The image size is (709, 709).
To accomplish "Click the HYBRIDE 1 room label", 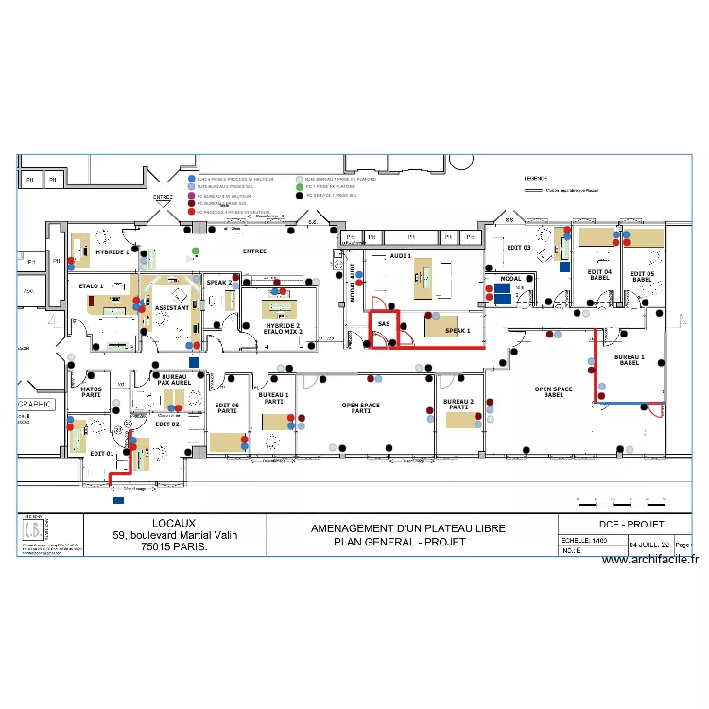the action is tap(112, 252).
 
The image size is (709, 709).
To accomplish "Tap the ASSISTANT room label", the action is tap(171, 308).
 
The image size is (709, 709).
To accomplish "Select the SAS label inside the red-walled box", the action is tap(383, 324).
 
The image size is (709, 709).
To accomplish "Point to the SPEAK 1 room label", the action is tap(458, 331).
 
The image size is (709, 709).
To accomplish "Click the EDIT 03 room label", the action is tap(519, 248).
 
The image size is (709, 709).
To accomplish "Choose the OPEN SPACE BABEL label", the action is tap(554, 392).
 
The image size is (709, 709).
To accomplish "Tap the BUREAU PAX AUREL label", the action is tap(174, 380).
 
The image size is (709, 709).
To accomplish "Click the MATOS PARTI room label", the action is tap(91, 391).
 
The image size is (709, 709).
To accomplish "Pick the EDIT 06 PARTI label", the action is tap(227, 407).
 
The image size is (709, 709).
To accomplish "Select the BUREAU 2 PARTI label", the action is tap(458, 404).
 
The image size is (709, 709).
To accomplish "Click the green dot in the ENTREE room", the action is tap(195, 251).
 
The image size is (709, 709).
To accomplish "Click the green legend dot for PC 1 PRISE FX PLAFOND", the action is tap(300, 187).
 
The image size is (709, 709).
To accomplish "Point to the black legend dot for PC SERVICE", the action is tap(300, 196).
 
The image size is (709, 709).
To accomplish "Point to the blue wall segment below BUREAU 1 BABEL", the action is tap(626, 404).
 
